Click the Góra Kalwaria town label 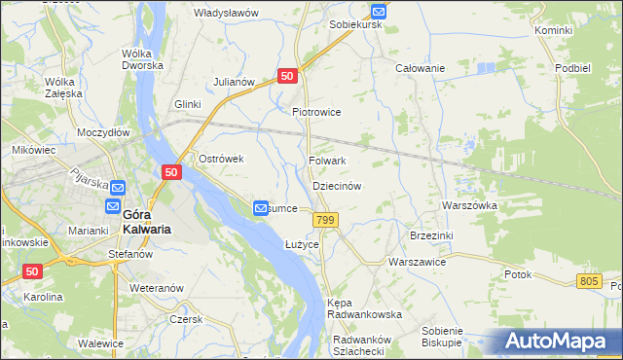147,222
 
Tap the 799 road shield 325,221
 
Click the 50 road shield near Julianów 286,76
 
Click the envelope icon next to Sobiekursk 379,11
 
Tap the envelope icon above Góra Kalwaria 117,188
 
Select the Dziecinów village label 337,185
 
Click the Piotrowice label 316,112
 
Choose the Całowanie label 420,68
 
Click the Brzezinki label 431,235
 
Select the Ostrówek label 220,159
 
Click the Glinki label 187,104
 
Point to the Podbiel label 573,68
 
